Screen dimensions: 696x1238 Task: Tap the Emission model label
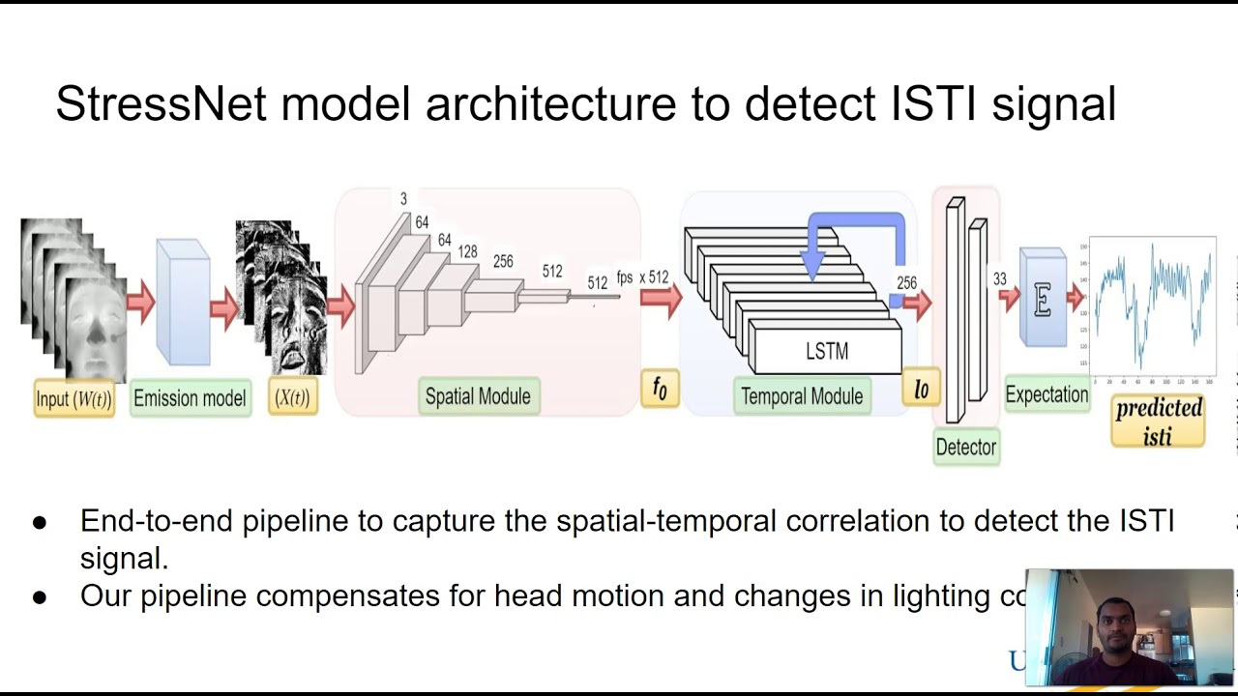point(190,398)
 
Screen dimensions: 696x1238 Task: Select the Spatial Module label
point(478,396)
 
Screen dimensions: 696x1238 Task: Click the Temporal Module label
point(802,396)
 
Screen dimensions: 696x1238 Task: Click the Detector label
point(966,448)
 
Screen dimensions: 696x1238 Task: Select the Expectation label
point(1046,394)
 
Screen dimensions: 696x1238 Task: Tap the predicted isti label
point(1158,421)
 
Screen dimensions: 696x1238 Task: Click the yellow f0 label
point(660,389)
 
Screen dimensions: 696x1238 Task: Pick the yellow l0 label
point(921,389)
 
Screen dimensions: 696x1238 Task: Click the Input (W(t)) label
point(74,398)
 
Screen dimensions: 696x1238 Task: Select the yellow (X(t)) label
point(292,397)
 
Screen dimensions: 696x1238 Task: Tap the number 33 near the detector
point(999,279)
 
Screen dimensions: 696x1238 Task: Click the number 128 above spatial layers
point(467,251)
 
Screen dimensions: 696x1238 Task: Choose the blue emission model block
point(183,302)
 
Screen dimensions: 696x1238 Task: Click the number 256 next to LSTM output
point(906,283)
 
